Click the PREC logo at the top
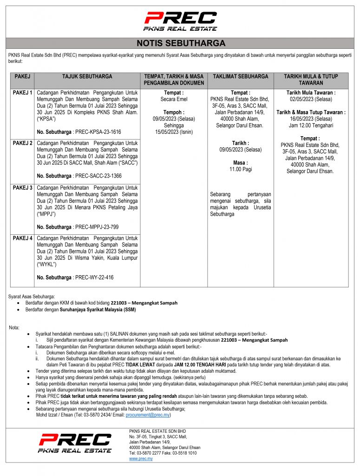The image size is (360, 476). click(x=180, y=21)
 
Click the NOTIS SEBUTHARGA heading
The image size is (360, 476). click(x=181, y=44)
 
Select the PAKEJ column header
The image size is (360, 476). click(x=22, y=76)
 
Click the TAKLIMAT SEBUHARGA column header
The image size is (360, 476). click(x=240, y=76)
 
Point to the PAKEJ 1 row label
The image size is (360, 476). click(x=22, y=93)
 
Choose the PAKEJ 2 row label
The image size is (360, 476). click(x=22, y=143)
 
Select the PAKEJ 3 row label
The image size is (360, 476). click(x=22, y=188)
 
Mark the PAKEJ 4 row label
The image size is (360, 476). click(x=22, y=238)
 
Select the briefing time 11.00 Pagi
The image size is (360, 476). click(x=240, y=170)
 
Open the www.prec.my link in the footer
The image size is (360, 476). click(x=141, y=459)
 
